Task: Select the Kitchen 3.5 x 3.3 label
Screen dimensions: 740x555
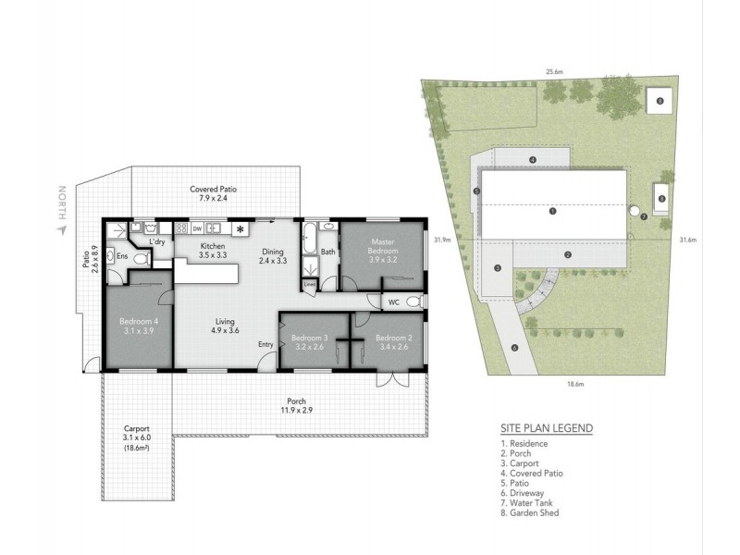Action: pos(213,251)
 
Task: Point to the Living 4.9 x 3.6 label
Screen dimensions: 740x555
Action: pos(225,327)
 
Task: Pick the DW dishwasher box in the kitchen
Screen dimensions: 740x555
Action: pos(197,228)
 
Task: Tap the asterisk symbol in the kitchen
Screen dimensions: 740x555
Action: pos(240,229)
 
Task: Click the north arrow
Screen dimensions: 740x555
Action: pos(61,229)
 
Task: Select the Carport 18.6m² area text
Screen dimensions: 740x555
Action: pos(137,448)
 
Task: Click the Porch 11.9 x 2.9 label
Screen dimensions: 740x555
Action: pos(296,406)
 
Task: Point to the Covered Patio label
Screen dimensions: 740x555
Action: pos(214,193)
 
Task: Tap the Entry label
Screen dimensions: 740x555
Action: pos(265,344)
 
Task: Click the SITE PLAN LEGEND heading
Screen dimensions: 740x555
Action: pos(547,428)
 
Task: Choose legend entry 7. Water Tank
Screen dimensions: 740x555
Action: pos(526,503)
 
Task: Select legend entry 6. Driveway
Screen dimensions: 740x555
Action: pos(523,493)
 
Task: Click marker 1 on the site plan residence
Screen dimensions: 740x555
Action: pos(552,211)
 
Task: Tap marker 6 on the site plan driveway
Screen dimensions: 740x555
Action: pos(514,348)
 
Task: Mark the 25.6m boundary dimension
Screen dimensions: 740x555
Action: pos(554,72)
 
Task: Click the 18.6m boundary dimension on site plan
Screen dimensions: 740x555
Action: pos(575,384)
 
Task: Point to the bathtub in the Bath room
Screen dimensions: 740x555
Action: pos(309,239)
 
